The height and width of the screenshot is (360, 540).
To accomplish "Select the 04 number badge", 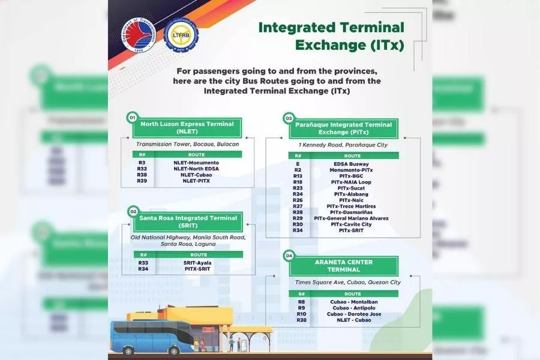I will point(289,255).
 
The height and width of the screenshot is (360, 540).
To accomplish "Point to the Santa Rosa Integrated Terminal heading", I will point(188,221).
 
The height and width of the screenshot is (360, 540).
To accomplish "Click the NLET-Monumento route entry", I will point(196,163).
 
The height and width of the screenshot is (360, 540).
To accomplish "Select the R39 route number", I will point(142,181).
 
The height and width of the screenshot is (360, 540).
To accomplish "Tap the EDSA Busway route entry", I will point(351,164).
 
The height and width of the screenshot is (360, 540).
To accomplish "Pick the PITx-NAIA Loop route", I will point(351,182).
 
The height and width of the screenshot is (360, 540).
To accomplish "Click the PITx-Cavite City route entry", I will point(351,224).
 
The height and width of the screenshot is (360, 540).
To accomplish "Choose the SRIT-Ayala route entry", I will point(197,262).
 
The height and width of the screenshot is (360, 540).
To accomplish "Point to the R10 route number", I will point(301,314).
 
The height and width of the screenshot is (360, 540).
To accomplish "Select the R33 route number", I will point(143,262).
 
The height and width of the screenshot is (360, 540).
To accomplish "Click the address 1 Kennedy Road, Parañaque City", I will point(343,145).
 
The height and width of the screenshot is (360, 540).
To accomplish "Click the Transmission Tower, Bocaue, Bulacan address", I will point(187,144).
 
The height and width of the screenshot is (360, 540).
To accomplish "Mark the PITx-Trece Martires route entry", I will point(351,206).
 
